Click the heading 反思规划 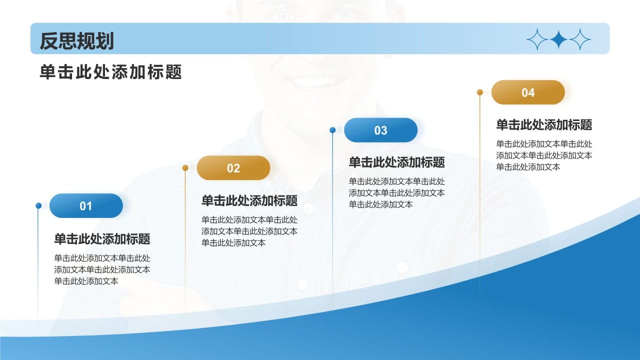(x=76, y=41)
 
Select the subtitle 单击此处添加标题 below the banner (x=110, y=72)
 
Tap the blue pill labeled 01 (x=86, y=205)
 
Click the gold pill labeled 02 (x=233, y=168)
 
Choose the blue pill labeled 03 (x=380, y=130)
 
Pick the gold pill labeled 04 (x=528, y=92)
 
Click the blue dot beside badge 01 (x=38, y=205)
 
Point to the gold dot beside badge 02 (x=185, y=168)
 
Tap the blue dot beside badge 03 (x=332, y=130)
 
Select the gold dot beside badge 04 (x=480, y=92)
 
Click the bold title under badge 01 (x=102, y=239)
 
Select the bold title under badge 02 (x=249, y=201)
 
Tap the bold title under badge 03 (x=396, y=162)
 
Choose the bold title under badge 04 (x=544, y=125)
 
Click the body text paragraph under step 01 (x=102, y=269)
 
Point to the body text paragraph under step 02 (x=249, y=231)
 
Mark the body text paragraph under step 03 (x=396, y=193)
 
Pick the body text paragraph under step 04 (x=544, y=155)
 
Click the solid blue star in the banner (x=558, y=39)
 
